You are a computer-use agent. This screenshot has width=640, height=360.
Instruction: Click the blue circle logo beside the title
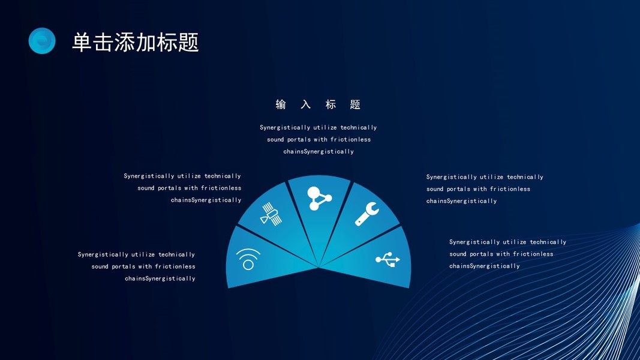tap(42, 41)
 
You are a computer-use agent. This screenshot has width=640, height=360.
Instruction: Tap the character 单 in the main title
tap(82, 43)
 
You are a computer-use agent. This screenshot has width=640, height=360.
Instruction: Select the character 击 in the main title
tap(103, 43)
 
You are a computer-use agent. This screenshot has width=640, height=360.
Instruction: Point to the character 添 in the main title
tap(125, 43)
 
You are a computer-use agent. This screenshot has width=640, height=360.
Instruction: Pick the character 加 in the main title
tap(146, 43)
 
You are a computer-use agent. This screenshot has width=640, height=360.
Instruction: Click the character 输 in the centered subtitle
tap(281, 104)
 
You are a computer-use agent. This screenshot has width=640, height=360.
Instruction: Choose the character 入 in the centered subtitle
tap(306, 104)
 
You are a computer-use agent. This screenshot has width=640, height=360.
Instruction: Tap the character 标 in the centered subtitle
tap(330, 104)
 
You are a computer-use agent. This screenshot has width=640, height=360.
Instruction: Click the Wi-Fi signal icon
tap(248, 259)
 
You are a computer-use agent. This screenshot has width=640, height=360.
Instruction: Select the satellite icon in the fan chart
tap(271, 214)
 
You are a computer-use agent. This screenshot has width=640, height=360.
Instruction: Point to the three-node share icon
tap(319, 199)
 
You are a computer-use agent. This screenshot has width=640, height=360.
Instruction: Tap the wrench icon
tap(366, 214)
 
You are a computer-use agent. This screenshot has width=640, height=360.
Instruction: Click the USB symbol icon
tap(387, 259)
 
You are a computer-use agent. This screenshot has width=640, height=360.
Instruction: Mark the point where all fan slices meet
tap(319, 268)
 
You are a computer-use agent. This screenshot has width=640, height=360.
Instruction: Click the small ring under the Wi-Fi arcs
tap(248, 265)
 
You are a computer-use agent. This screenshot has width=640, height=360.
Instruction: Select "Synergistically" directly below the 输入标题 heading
tap(285, 128)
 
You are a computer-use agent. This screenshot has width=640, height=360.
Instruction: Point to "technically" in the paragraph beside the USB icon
tap(548, 242)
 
